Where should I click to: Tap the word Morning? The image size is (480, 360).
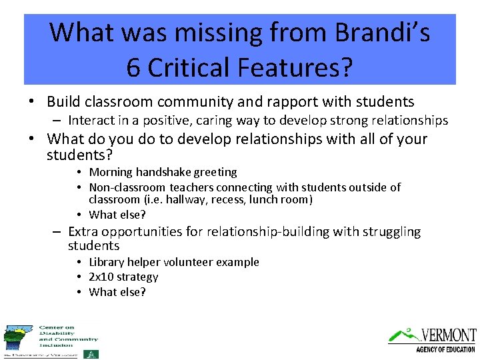[111, 172]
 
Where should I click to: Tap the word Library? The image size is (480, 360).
[107, 262]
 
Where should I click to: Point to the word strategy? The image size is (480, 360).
[139, 277]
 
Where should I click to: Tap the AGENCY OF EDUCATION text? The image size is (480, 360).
[445, 349]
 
